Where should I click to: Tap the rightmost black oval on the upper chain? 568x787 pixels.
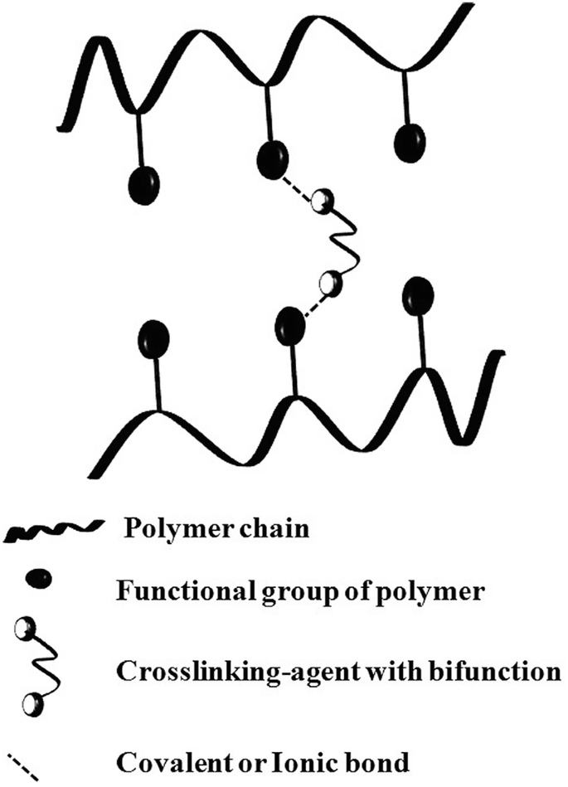[x=410, y=142]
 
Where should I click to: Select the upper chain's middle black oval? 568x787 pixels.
[x=273, y=159]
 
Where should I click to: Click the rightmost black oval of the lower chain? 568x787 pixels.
[x=417, y=294]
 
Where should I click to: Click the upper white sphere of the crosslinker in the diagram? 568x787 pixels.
[x=322, y=201]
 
